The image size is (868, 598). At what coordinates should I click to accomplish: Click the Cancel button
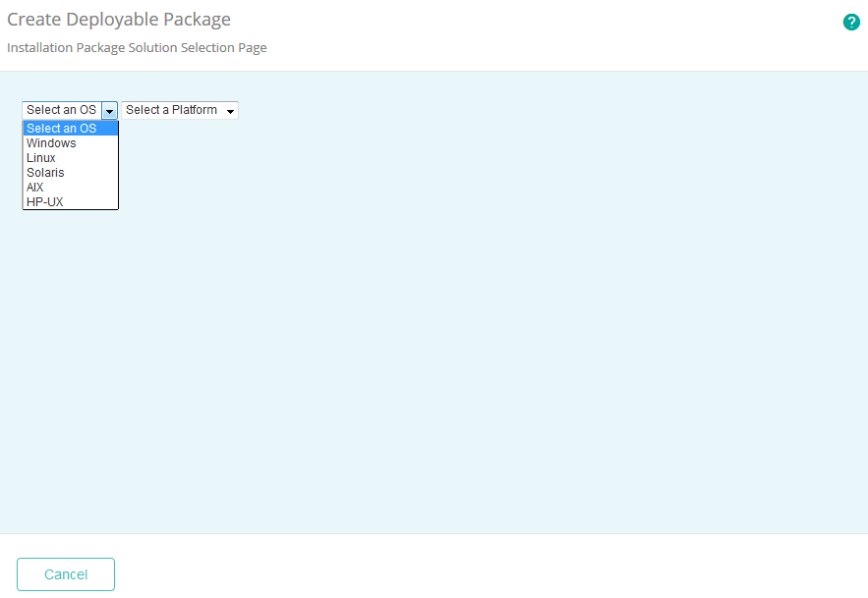coord(66,574)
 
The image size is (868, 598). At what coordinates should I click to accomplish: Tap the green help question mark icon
coord(851,23)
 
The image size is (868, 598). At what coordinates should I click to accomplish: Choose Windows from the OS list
coord(51,143)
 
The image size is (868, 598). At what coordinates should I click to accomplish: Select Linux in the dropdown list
coord(41,158)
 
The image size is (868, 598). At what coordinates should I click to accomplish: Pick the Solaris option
coord(45,173)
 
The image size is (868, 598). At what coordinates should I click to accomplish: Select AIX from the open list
coord(35,188)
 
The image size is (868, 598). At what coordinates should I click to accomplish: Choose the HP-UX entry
coord(44,202)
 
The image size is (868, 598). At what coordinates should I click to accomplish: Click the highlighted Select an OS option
coord(62,129)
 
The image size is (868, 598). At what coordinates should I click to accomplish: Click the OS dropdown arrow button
coord(110,111)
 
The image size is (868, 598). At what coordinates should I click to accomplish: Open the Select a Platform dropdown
coord(180,110)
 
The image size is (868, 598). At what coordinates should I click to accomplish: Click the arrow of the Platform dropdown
coord(230,111)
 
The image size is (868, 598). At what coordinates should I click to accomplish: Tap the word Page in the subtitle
coord(254,47)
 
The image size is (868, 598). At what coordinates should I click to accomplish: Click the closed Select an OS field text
coord(61,110)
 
